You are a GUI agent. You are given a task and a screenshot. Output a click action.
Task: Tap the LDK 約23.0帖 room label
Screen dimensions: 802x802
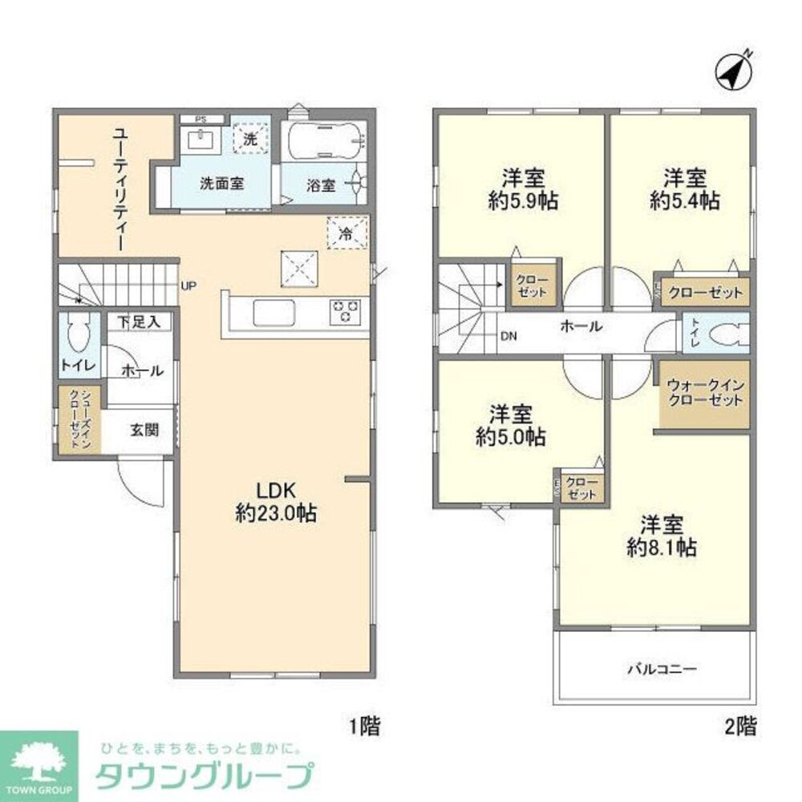click(275, 502)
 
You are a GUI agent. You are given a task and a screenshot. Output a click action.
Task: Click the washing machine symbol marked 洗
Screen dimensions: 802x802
click(250, 138)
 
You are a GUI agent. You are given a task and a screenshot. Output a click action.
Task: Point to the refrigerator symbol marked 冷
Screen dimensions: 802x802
click(346, 233)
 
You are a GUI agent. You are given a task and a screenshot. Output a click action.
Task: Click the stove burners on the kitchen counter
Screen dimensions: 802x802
click(346, 311)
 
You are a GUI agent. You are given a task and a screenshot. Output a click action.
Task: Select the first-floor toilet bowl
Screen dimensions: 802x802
click(78, 335)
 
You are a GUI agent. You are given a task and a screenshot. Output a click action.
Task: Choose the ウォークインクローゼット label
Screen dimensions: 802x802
click(705, 394)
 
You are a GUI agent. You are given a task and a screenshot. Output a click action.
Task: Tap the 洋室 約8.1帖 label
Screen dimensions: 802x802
click(661, 537)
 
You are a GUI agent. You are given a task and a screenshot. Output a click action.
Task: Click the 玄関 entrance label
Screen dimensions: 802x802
click(144, 429)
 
